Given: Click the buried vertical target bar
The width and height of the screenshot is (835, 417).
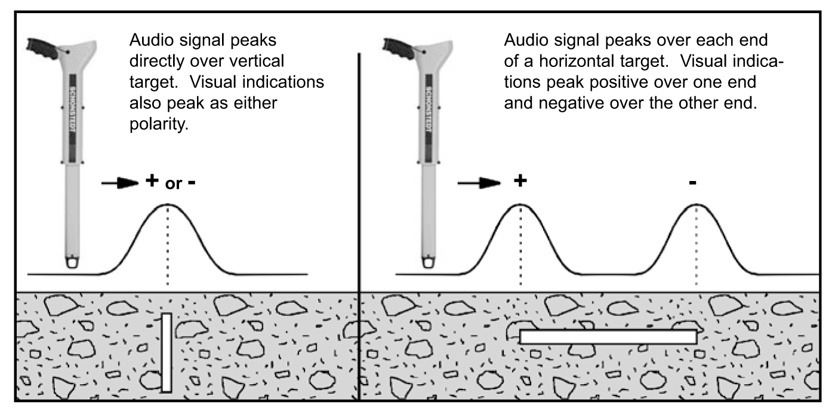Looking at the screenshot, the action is pyautogui.click(x=167, y=352).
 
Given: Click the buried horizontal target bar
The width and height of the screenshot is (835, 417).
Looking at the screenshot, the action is pyautogui.click(x=608, y=337).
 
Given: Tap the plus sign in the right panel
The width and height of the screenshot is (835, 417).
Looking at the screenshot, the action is pyautogui.click(x=520, y=180).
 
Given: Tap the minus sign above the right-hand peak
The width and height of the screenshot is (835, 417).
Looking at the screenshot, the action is pyautogui.click(x=692, y=183).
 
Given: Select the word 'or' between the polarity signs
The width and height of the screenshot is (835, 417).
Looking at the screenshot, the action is pyautogui.click(x=173, y=184).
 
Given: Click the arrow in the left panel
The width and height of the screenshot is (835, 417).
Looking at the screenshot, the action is pyautogui.click(x=120, y=183).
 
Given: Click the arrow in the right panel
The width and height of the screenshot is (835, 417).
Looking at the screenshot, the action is pyautogui.click(x=479, y=183).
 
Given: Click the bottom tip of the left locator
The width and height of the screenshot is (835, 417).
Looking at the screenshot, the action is pyautogui.click(x=72, y=267).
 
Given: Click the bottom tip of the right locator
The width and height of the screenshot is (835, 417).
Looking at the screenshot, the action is pyautogui.click(x=429, y=267).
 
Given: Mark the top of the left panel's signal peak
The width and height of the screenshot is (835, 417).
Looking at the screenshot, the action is pyautogui.click(x=167, y=204).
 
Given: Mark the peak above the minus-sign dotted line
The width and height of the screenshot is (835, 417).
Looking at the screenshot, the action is pyautogui.click(x=697, y=204).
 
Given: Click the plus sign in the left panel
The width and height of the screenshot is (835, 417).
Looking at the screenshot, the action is pyautogui.click(x=152, y=180).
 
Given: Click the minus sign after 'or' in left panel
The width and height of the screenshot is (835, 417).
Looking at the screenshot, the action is pyautogui.click(x=192, y=183).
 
